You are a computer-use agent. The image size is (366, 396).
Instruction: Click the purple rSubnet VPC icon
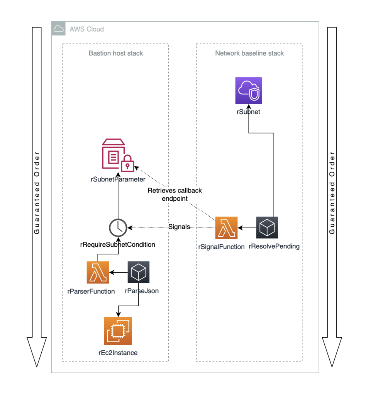click(249, 91)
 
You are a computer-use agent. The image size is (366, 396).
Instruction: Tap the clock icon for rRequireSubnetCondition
click(118, 228)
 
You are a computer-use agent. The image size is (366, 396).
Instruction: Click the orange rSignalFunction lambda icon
click(227, 228)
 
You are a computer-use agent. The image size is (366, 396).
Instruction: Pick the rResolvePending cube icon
click(267, 228)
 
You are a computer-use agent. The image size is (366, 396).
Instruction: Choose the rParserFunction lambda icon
click(98, 272)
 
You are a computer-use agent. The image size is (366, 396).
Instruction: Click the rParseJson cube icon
click(138, 272)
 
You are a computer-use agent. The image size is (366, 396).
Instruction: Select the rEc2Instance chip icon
click(118, 331)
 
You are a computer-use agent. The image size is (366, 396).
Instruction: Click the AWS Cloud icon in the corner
click(58, 29)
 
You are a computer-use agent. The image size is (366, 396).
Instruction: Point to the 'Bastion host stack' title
click(116, 53)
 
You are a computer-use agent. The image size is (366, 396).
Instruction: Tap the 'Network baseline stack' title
click(249, 53)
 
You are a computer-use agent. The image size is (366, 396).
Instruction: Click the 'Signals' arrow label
click(179, 227)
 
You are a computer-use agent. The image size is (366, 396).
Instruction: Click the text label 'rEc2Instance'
click(118, 353)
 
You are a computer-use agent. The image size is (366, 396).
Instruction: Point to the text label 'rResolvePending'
click(274, 246)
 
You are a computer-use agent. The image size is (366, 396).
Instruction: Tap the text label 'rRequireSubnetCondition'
click(117, 244)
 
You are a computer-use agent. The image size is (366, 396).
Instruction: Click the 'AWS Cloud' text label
click(86, 29)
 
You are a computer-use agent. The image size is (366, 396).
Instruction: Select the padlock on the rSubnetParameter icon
click(127, 166)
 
